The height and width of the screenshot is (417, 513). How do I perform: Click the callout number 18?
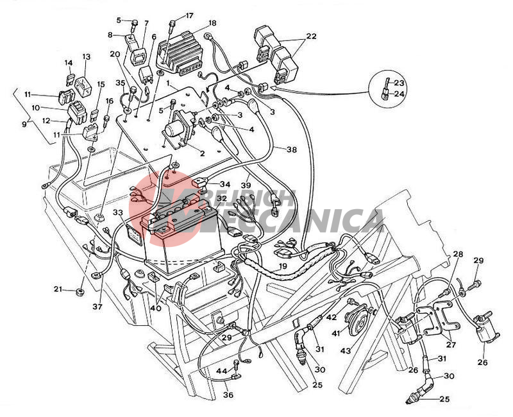212,22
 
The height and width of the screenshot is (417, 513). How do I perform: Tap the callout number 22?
311,36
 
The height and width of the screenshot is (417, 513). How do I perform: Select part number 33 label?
117,212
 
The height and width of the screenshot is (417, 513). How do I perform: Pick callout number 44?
221,371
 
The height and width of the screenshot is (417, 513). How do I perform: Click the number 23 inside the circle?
399,83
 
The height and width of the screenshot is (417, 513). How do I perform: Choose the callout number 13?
87,56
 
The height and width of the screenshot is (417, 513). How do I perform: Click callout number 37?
97,307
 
